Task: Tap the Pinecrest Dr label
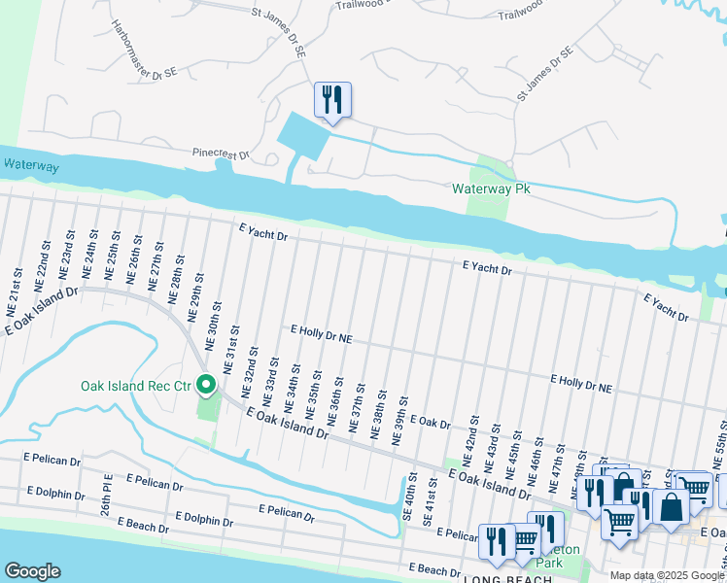point(221,154)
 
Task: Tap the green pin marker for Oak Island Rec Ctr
point(206,387)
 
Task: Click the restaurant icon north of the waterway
point(332,101)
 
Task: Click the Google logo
point(32,570)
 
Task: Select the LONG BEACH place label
point(506,579)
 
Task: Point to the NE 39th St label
point(398,421)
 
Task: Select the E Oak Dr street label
point(431,423)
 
